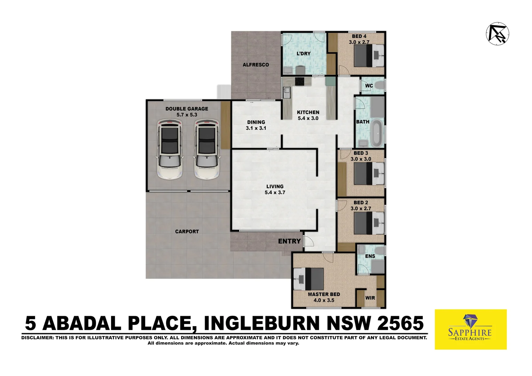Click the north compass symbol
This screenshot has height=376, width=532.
click(x=497, y=33)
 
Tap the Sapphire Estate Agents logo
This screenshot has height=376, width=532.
click(x=470, y=329)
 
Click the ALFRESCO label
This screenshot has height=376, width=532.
click(x=256, y=65)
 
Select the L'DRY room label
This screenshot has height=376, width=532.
click(x=303, y=54)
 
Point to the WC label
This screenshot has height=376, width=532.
click(x=369, y=86)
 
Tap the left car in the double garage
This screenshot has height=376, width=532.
click(x=170, y=149)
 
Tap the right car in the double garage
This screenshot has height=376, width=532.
click(x=207, y=149)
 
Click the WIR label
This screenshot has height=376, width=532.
click(x=370, y=298)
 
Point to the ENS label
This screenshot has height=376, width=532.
click(x=370, y=256)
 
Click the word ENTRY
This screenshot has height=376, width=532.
click(x=289, y=241)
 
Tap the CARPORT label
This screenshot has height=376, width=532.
click(x=187, y=232)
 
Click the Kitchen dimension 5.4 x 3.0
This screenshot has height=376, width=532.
click(x=308, y=118)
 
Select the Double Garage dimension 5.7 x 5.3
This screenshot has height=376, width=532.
click(x=187, y=115)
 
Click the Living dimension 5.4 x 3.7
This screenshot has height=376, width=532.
click(x=275, y=193)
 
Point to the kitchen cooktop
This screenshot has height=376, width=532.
click(x=299, y=81)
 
